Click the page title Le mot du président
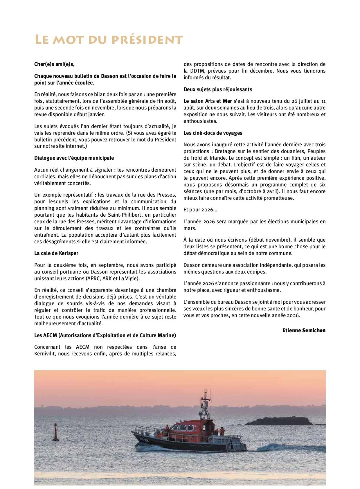109,40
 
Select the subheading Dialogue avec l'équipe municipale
74,158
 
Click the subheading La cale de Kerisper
56,253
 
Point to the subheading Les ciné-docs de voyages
213,133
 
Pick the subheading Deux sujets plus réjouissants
218,89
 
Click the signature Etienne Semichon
304,330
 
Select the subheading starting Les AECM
105,335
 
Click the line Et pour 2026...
200,210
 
